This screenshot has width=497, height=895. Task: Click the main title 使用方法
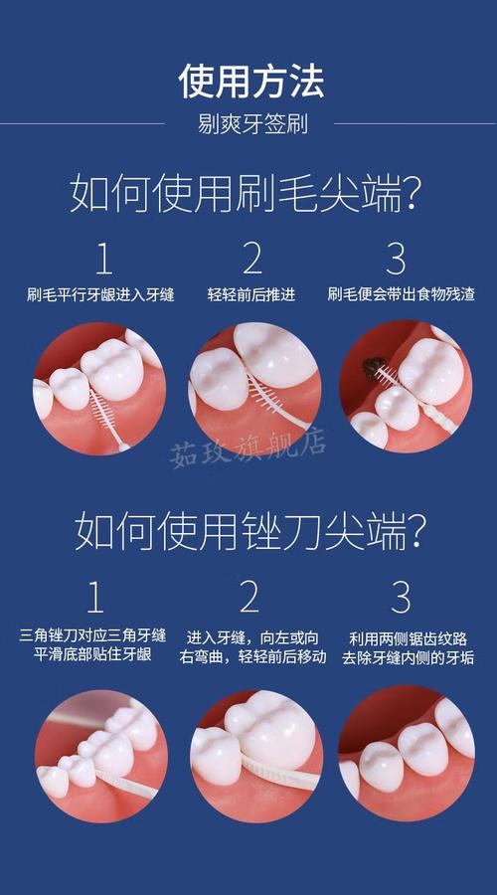[251, 80]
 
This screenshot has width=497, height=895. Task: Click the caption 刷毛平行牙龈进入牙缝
[100, 294]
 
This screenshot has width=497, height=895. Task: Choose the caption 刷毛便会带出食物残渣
[400, 294]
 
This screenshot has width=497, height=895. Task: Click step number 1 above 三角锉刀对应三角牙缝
[95, 598]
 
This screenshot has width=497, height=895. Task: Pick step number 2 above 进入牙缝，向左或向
[249, 598]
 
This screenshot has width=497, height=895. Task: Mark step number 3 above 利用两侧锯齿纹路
[401, 598]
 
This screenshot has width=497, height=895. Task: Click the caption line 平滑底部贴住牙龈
[92, 656]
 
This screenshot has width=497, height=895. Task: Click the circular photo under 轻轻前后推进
[254, 387]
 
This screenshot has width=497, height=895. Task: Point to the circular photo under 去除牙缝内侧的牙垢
[406, 753]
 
